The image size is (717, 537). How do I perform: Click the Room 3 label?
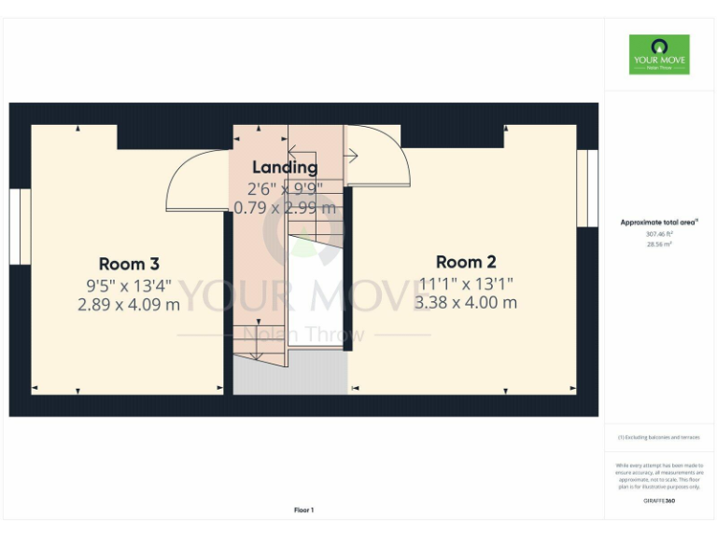tap(134, 264)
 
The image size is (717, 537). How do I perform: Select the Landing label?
tap(285, 167)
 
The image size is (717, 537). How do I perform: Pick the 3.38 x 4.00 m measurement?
tap(465, 302)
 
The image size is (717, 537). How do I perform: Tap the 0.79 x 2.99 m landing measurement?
tap(285, 207)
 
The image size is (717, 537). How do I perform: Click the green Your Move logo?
tap(659, 54)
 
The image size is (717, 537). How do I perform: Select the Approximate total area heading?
tap(659, 222)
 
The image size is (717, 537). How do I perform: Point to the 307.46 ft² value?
tap(659, 234)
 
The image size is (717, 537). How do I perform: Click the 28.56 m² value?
tap(659, 244)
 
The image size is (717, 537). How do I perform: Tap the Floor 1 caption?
tap(304, 510)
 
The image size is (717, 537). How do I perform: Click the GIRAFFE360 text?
tap(659, 502)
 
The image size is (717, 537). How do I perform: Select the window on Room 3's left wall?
tap(21, 227)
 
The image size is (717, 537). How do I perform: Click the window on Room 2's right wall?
tap(586, 188)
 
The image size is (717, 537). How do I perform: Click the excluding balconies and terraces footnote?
tap(659, 437)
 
